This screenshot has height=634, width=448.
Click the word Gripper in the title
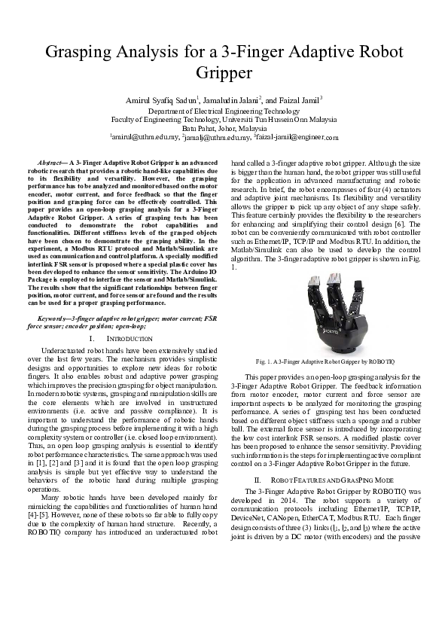click(x=224, y=73)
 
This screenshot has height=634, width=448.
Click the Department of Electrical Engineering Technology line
click(x=224, y=110)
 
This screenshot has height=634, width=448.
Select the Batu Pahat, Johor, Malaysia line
click(x=224, y=128)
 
